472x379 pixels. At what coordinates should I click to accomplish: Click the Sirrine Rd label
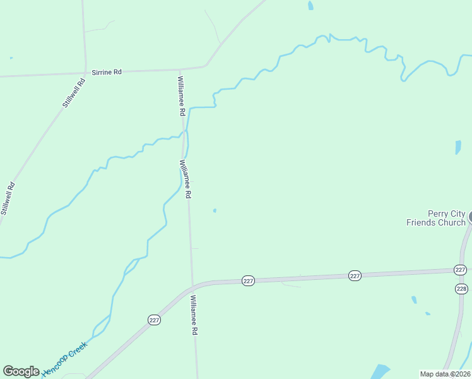[107, 72]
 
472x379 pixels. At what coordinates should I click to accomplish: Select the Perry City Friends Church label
[436, 218]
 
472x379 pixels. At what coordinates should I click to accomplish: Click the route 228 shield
[461, 289]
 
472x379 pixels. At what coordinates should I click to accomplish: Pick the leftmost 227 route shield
[155, 320]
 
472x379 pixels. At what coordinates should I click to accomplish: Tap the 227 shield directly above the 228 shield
[460, 270]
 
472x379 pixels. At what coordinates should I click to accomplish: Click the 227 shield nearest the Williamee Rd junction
[248, 280]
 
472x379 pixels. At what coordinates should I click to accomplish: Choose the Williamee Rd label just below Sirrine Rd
[181, 95]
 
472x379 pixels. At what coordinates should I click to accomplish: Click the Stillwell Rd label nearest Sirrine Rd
[74, 93]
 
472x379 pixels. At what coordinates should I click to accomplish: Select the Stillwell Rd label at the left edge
[8, 198]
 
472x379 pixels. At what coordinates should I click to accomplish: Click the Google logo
[21, 371]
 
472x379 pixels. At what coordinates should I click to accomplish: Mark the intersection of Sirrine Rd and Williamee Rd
[180, 69]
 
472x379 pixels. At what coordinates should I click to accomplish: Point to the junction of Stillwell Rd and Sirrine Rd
[86, 73]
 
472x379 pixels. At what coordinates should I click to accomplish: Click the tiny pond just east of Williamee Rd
[215, 210]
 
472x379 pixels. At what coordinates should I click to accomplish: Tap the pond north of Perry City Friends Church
[458, 147]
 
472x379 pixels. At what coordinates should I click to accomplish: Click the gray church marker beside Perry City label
[470, 217]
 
